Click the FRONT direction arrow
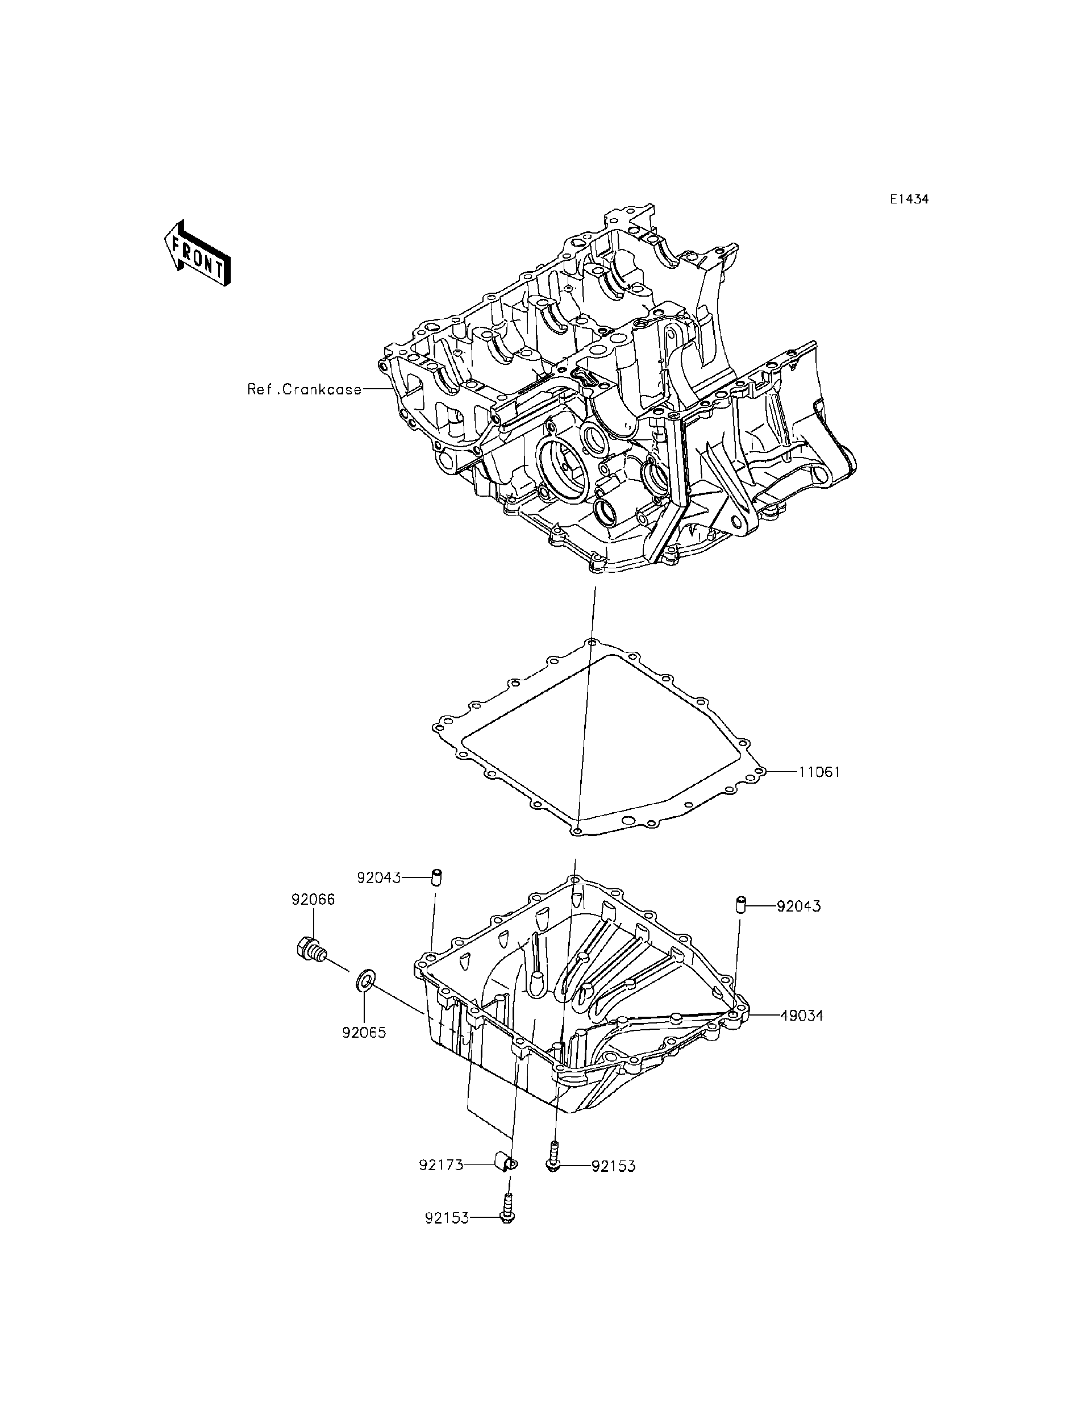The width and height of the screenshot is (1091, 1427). pyautogui.click(x=197, y=253)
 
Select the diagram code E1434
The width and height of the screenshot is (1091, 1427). pyautogui.click(x=909, y=199)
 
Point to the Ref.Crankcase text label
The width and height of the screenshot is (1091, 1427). pyautogui.click(x=304, y=390)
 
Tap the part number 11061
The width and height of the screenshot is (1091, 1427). pyautogui.click(x=819, y=772)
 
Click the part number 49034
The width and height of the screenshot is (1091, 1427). pyautogui.click(x=801, y=1016)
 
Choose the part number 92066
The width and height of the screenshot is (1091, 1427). pyautogui.click(x=313, y=900)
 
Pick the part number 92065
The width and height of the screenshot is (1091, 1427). pyautogui.click(x=364, y=1032)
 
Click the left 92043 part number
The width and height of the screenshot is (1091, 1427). pyautogui.click(x=378, y=878)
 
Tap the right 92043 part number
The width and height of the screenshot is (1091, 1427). pyautogui.click(x=799, y=906)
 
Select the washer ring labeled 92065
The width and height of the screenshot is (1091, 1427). pyautogui.click(x=364, y=997)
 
